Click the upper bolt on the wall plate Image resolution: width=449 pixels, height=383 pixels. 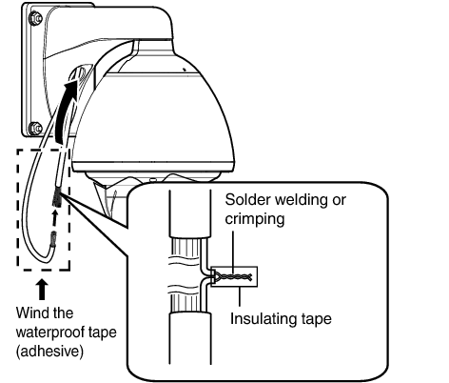tap(35, 18)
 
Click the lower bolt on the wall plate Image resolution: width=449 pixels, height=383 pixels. tap(35, 129)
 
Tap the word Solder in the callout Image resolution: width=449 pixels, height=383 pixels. tap(247, 200)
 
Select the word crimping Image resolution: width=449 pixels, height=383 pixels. tap(255, 219)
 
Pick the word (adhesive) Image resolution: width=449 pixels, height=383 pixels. tap(50, 352)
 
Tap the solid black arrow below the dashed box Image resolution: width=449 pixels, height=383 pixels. tap(42, 290)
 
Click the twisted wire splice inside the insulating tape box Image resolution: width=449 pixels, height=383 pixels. tap(234, 277)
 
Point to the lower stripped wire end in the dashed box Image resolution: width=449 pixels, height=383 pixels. tap(53, 240)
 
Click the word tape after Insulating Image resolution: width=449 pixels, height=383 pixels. tap(317, 319)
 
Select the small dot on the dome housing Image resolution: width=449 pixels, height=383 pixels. tap(184, 69)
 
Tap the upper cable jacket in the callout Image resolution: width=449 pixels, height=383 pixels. tap(190, 213)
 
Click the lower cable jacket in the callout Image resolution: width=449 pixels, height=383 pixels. tap(190, 338)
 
